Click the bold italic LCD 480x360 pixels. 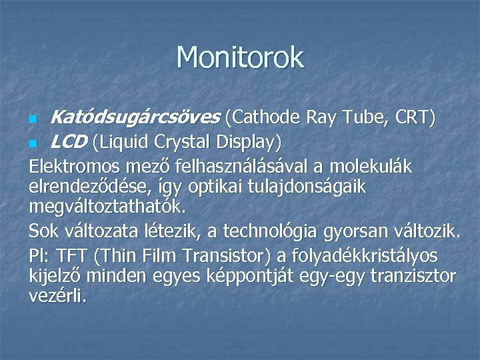click(69, 141)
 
